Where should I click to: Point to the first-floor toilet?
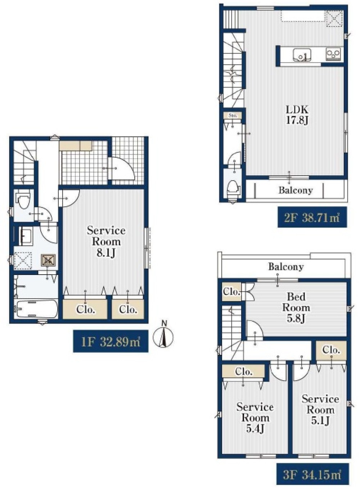click(x=24, y=200)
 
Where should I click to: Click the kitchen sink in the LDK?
click(x=302, y=55)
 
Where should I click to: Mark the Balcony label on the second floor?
click(x=296, y=190)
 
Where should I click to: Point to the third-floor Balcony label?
click(x=286, y=267)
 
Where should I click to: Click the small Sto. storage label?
click(x=233, y=115)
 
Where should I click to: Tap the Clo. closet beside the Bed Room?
click(x=231, y=292)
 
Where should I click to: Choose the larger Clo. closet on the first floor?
click(x=85, y=310)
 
